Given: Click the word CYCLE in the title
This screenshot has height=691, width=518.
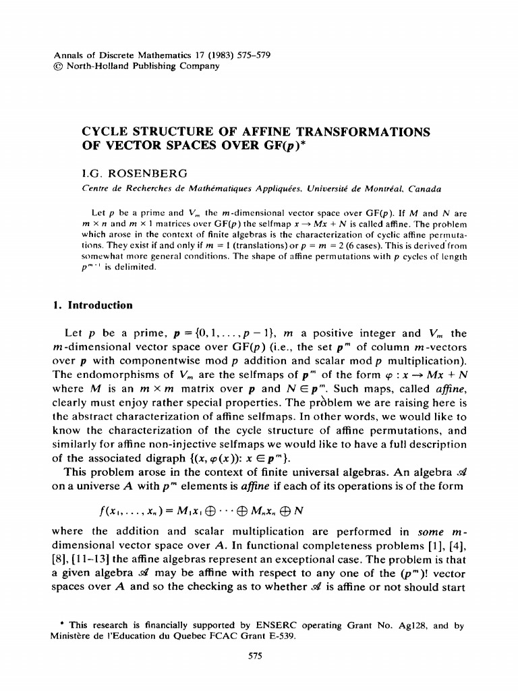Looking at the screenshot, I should (x=105, y=130).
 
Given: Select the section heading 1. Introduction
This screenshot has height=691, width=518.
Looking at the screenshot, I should (x=92, y=305).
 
